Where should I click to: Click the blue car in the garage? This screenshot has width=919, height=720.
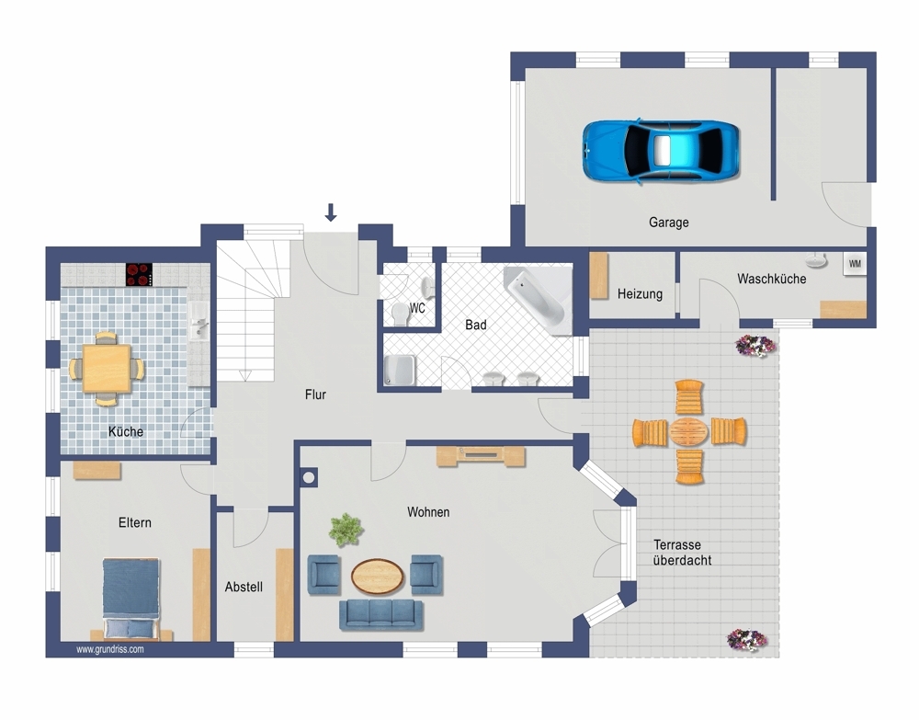661,152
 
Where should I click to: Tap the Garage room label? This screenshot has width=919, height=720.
668,223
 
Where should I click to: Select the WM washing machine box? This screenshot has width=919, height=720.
855,264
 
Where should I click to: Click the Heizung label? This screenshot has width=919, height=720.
640,293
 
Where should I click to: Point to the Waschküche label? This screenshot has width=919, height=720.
771,279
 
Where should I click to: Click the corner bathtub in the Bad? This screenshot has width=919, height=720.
539,299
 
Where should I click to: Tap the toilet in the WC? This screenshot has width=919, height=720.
401,314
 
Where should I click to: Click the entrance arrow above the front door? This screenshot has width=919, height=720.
331,212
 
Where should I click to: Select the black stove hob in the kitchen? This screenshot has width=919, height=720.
139,274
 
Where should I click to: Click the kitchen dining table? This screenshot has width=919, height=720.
107,368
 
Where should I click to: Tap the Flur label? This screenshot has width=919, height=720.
315,394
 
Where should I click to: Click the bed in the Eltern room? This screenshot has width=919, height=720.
130,598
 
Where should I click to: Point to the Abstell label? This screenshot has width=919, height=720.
244,587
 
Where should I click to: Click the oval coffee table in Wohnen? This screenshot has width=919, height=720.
378,576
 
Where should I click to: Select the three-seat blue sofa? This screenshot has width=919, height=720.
381,614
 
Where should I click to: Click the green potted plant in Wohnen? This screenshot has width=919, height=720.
346,530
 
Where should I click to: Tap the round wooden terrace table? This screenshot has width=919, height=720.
689,431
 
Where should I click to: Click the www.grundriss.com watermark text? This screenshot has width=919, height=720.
110,649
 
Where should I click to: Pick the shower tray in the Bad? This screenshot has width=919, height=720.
400,371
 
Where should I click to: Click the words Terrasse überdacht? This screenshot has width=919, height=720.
682,553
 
